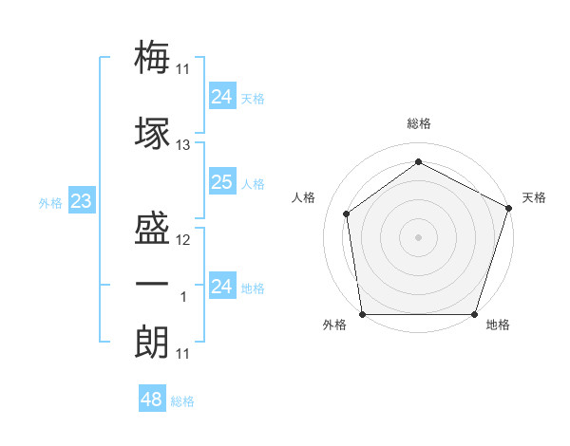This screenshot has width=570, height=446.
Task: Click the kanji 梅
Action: [153, 58]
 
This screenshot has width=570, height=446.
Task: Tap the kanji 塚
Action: [153, 133]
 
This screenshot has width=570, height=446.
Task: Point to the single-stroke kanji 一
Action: [153, 285]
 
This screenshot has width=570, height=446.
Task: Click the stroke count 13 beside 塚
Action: [183, 144]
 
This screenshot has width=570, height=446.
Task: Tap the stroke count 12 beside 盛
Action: [183, 239]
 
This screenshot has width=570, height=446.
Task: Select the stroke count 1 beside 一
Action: [184, 297]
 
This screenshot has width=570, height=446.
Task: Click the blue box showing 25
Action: [221, 182]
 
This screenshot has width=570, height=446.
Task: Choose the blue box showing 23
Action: [81, 201]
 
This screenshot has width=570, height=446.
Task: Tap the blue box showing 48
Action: [151, 400]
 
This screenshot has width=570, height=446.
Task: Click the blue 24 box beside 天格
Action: [221, 97]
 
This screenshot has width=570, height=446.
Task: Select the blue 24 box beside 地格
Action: [221, 287]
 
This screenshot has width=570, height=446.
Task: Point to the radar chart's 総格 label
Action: [418, 123]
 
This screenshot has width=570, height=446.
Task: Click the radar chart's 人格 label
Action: [304, 197]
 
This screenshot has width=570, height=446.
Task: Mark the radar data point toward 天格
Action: [509, 208]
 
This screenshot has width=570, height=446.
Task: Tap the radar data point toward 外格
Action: [362, 314]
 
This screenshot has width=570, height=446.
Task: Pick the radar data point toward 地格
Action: [474, 314]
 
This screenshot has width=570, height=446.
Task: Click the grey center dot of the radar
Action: [418, 236]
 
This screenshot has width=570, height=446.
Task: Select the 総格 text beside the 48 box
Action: [182, 401]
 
